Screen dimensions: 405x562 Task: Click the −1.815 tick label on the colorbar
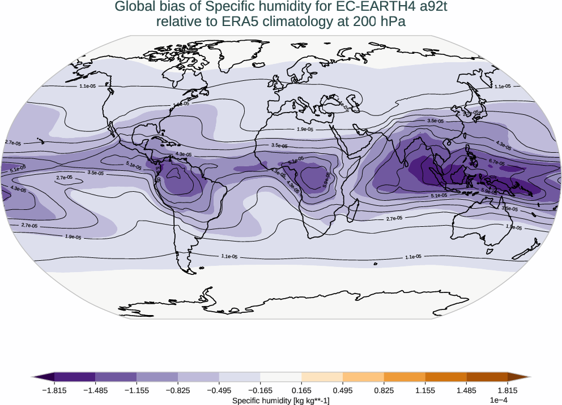coord(54,390)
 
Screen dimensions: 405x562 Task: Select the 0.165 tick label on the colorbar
coord(301,390)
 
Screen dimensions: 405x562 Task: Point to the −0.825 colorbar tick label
coord(178,390)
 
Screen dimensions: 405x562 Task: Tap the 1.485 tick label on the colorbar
coord(466,390)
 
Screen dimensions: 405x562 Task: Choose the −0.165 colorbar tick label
coord(260,390)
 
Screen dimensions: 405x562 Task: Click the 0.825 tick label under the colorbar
coord(384,390)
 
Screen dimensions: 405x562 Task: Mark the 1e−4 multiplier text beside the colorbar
coord(497,400)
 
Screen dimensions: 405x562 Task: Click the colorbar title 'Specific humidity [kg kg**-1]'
coord(281,400)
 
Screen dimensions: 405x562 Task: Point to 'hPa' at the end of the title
coord(394,21)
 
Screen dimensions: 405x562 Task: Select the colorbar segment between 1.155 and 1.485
coord(446,377)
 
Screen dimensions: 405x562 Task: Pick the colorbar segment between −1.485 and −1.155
coord(116,377)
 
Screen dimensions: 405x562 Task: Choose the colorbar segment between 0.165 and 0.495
coord(322,377)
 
